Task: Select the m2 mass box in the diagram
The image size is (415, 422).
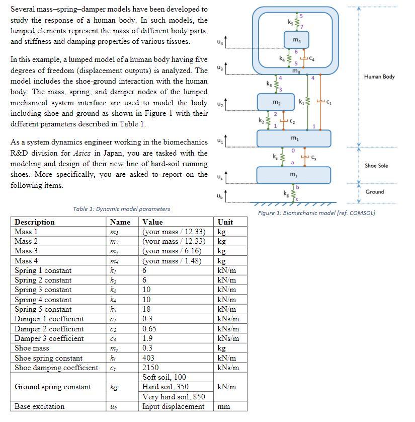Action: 276,103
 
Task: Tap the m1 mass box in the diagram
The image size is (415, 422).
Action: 294,138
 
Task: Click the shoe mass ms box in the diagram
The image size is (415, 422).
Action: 294,175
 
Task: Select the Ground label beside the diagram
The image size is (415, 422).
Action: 374,192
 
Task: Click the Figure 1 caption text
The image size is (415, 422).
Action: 316,213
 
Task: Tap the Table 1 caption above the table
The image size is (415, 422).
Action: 121,209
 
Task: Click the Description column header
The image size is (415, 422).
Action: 35,222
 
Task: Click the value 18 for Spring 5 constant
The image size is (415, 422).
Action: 147,309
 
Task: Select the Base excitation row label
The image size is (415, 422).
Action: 39,406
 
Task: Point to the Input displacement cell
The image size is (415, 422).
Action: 173,406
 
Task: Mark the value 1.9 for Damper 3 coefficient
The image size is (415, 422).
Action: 148,338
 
